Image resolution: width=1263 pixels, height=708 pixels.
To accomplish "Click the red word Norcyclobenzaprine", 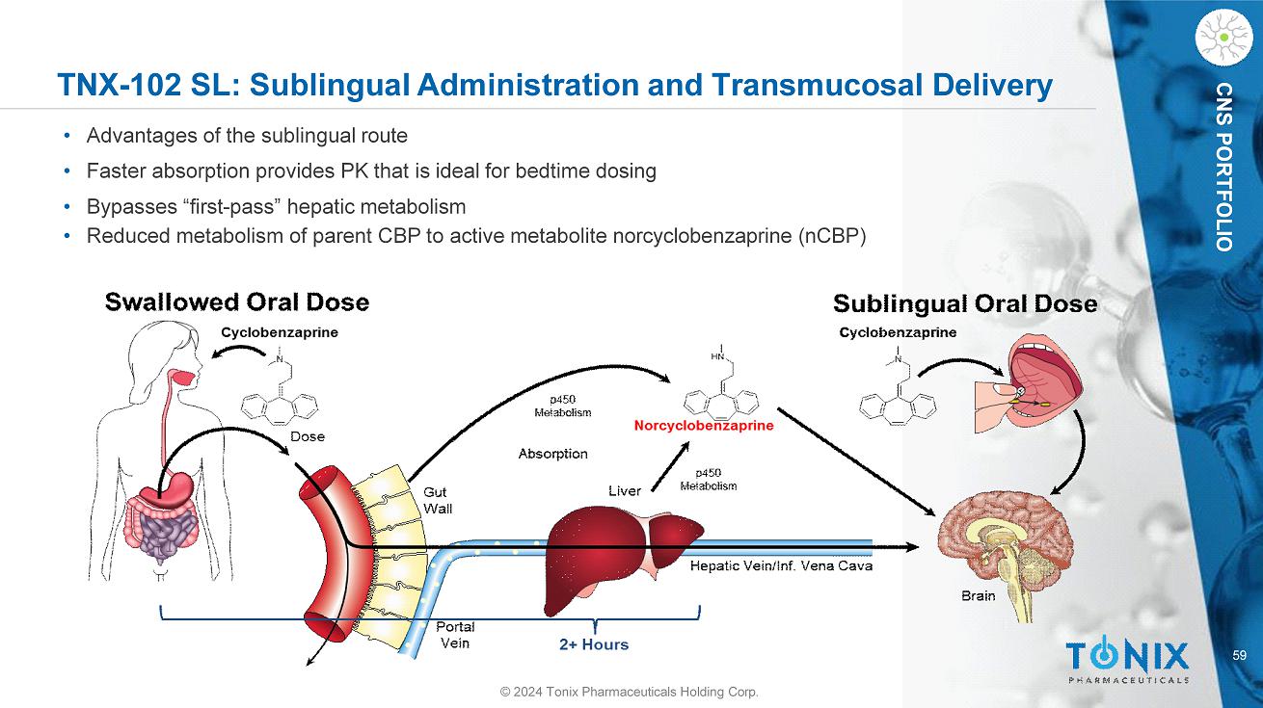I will pos(703,425).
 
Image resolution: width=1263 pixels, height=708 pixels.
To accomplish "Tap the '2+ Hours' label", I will pos(593,644).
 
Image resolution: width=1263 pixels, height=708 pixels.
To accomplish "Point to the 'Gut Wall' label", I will pos(438,500).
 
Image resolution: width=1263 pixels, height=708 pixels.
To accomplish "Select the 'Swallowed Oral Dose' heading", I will pos(236,302).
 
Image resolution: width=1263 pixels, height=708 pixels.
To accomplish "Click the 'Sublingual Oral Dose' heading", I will pos(964,304).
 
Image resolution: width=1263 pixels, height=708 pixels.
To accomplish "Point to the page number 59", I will pos(1240,656).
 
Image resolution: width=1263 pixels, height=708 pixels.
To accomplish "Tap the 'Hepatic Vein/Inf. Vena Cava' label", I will pos(781,566).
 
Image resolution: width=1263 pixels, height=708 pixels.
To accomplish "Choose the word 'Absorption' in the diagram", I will pos(552,454).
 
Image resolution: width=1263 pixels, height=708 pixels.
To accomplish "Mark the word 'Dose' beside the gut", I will pos(308,436).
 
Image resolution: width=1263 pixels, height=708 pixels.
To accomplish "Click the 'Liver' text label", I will pos(625,491).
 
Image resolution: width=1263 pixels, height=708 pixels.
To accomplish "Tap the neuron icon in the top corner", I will pos(1223,37).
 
